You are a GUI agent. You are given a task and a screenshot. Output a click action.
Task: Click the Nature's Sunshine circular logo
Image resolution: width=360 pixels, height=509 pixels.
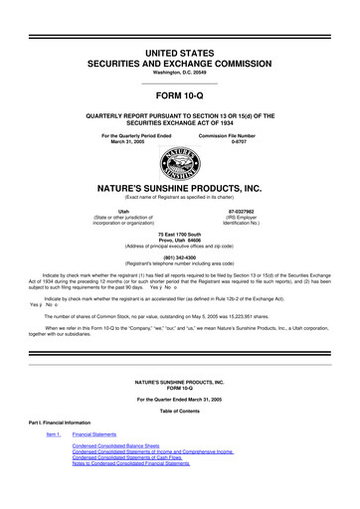pyautogui.click(x=180, y=166)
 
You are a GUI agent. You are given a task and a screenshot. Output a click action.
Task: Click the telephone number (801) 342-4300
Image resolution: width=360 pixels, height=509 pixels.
pyautogui.click(x=179, y=253)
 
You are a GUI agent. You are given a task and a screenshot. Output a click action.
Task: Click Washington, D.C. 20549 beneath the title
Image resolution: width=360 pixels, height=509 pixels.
pyautogui.click(x=179, y=73)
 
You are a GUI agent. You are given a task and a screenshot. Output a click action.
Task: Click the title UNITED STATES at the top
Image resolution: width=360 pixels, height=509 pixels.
pyautogui.click(x=179, y=48)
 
